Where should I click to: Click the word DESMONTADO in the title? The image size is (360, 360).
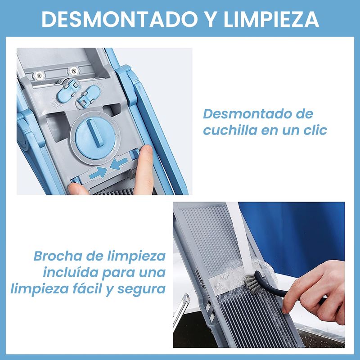tap(119, 19)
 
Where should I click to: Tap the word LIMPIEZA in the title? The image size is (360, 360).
tap(271, 19)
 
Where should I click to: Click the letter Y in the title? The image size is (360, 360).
tap(211, 19)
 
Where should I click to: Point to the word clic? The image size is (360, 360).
tap(315, 130)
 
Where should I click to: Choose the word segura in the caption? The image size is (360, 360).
tap(142, 289)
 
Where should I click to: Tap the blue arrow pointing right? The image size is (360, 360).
tap(98, 173)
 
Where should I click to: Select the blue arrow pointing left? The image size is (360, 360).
tap(119, 163)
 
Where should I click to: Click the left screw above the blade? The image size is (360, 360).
tap(39, 75)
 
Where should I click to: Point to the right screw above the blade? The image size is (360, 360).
tap(73, 71)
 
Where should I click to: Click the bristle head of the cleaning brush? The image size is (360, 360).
tap(252, 283)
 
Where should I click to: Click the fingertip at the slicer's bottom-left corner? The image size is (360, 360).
tap(77, 189)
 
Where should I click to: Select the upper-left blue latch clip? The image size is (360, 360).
tap(68, 90)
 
